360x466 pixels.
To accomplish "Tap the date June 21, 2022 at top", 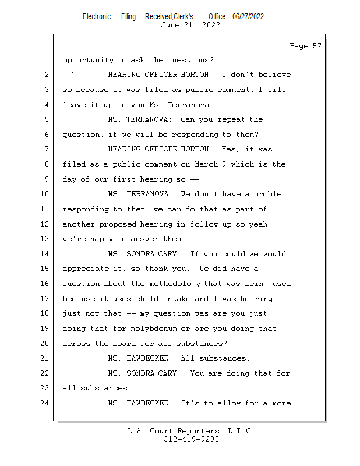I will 190,25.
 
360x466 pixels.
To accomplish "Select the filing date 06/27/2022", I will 248,16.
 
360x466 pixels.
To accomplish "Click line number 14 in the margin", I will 45,254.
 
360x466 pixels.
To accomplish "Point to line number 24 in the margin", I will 45,403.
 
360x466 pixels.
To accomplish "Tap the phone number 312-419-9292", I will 191,439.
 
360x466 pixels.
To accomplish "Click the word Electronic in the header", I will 97,16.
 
